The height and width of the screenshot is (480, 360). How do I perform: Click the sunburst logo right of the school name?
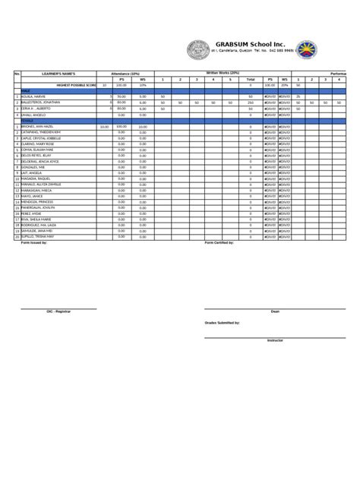point(306,51)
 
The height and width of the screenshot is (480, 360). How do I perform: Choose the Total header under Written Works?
point(250,79)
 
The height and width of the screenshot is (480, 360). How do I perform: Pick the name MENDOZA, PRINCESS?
point(40,201)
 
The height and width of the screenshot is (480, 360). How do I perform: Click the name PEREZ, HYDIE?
point(33,213)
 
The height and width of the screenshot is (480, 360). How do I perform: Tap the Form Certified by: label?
point(220,242)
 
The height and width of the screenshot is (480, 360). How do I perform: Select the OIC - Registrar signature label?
point(58,311)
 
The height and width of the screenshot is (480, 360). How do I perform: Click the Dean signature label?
point(275,311)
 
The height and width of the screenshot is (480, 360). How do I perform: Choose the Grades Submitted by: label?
point(222,323)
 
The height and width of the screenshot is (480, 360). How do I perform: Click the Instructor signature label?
point(275,340)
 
